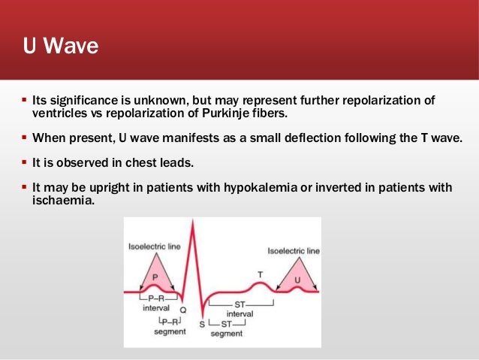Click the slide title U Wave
pyautogui.click(x=60, y=47)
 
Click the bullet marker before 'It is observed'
pyautogui.click(x=23, y=162)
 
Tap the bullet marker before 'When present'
pyautogui.click(x=23, y=138)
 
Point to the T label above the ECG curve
pyautogui.click(x=261, y=274)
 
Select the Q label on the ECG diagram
pyautogui.click(x=183, y=309)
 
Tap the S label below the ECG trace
pyautogui.click(x=201, y=324)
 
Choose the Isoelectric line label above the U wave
pyautogui.click(x=294, y=250)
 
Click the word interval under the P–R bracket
pyautogui.click(x=156, y=307)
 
